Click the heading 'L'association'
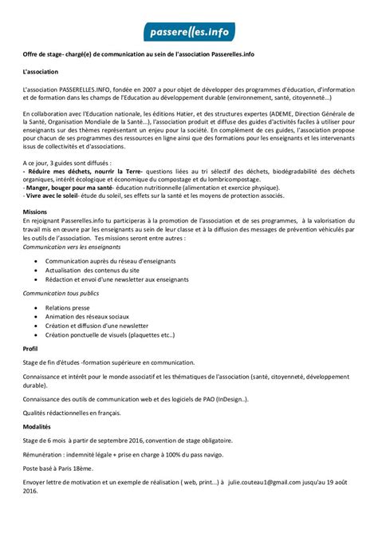tap(42, 72)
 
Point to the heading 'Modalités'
tap(38, 426)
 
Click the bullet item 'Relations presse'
tap(69, 307)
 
